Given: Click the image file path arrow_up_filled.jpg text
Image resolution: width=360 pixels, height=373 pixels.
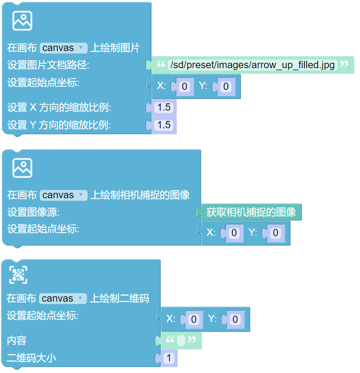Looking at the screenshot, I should (252, 65).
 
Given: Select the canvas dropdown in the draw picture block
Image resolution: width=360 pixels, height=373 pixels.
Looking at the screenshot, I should (63, 48).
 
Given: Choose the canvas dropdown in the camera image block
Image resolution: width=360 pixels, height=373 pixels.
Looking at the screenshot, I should (63, 195).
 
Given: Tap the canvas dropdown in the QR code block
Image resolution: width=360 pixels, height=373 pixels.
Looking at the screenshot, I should (62, 298).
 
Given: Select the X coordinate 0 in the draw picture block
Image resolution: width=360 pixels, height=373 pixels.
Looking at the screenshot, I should (184, 86).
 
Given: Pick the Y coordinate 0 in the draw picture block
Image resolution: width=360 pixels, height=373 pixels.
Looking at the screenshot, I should (226, 86).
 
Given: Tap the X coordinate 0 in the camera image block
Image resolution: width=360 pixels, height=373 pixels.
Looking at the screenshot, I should (234, 233).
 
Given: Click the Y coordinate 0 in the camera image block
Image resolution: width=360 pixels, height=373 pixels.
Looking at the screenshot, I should (276, 233).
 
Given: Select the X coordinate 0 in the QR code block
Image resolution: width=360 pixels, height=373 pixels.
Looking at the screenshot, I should (194, 319).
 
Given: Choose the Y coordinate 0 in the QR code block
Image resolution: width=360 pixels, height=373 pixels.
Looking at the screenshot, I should (235, 319).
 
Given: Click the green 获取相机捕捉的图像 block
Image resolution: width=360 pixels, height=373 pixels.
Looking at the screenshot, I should (251, 212).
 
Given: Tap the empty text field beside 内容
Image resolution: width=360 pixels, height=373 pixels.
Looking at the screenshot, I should (181, 340).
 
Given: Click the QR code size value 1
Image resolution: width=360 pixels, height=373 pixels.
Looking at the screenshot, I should (168, 359).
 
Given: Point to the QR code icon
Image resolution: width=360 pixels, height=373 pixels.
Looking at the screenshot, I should (18, 275).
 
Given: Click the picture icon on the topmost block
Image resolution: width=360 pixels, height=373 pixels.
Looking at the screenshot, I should (22, 20).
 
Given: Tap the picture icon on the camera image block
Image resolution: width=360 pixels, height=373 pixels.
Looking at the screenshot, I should (22, 168).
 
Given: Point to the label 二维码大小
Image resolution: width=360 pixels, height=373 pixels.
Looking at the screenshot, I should (32, 359).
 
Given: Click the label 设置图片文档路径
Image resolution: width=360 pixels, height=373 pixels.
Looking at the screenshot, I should (49, 65).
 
